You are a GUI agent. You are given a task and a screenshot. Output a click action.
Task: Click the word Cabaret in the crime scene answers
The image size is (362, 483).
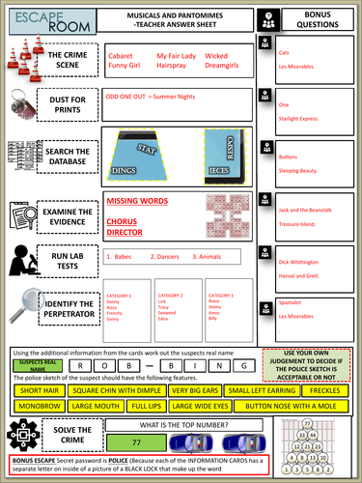pyautogui.click(x=120, y=58)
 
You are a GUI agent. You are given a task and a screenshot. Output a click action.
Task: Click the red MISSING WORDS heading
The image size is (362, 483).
pyautogui.click(x=137, y=201)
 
